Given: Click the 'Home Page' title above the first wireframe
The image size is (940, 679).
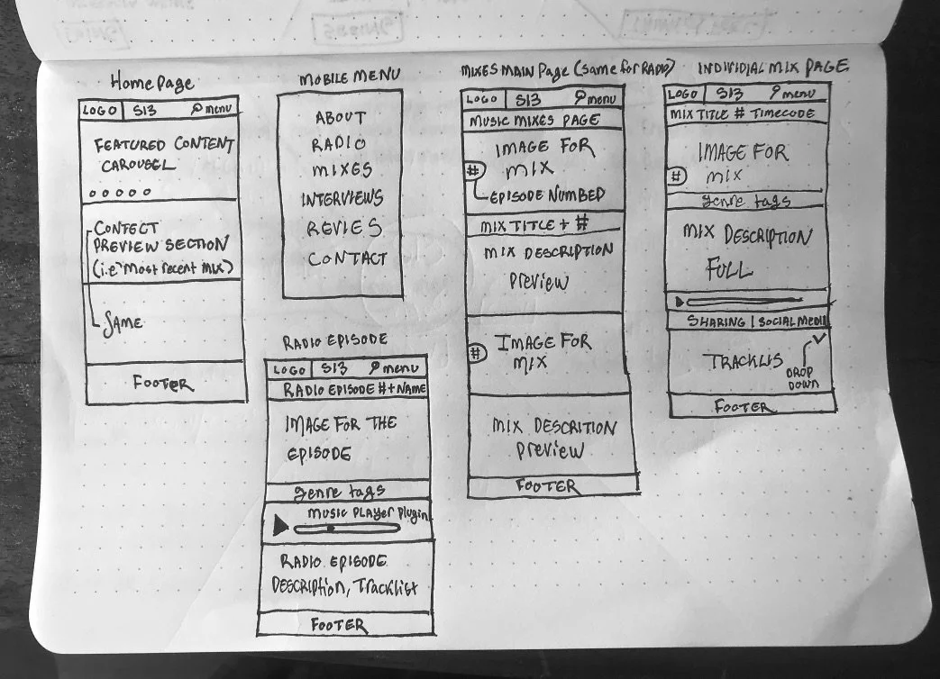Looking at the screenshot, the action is coord(151,83).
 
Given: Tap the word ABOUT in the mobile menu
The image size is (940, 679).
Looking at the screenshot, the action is coord(341,117).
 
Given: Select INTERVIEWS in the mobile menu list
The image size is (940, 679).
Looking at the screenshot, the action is coord(342,199).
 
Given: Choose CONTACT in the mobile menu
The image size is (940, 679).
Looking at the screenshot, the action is coord(347,259).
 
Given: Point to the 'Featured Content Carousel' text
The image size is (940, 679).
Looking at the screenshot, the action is coord(164,154).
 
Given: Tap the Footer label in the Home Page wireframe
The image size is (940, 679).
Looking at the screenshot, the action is coord(163,383).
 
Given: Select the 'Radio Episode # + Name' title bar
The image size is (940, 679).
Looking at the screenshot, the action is coord(355,390).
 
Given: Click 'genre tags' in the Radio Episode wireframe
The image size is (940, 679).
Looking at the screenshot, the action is coord(341,491).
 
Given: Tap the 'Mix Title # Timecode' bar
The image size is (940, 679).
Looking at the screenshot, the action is coord(742,114).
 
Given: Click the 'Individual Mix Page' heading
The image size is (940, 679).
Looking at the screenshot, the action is coord(772,68).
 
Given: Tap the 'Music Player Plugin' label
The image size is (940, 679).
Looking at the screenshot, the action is coord(367,513).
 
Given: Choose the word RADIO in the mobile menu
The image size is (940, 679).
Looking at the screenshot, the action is coord(339,144).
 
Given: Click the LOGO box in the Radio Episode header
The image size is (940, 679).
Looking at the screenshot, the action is coord(289,369).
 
